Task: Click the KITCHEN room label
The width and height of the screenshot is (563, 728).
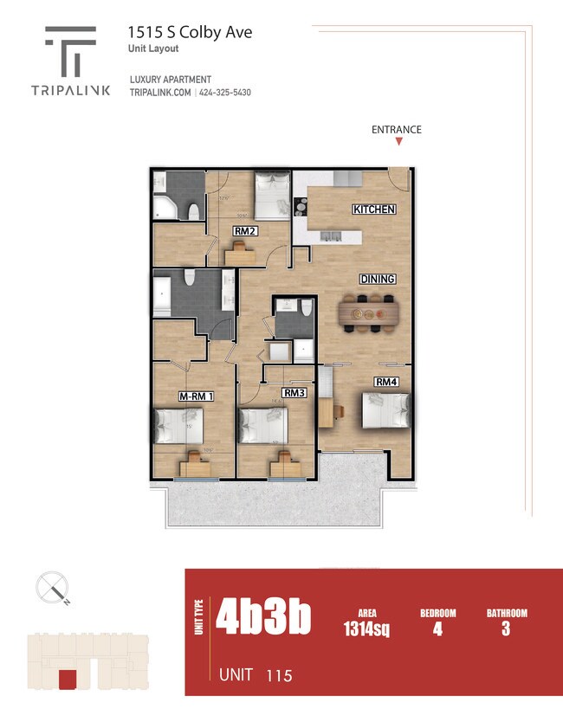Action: tap(374, 209)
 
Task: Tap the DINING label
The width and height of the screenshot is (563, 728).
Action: tap(379, 279)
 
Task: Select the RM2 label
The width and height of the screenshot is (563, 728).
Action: tap(244, 231)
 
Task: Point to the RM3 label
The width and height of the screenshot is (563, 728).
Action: tap(294, 393)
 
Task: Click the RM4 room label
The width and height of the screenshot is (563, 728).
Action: tap(386, 381)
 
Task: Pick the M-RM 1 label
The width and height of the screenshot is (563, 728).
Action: tap(196, 396)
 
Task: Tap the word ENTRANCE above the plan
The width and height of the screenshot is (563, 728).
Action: tap(397, 130)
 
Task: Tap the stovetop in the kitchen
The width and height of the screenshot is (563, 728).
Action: tap(301, 208)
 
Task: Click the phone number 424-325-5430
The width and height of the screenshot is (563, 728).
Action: tap(225, 93)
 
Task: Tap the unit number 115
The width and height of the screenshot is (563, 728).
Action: tap(279, 675)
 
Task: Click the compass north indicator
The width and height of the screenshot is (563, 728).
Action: tap(54, 589)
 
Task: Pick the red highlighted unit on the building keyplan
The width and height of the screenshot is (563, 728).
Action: tap(65, 680)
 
